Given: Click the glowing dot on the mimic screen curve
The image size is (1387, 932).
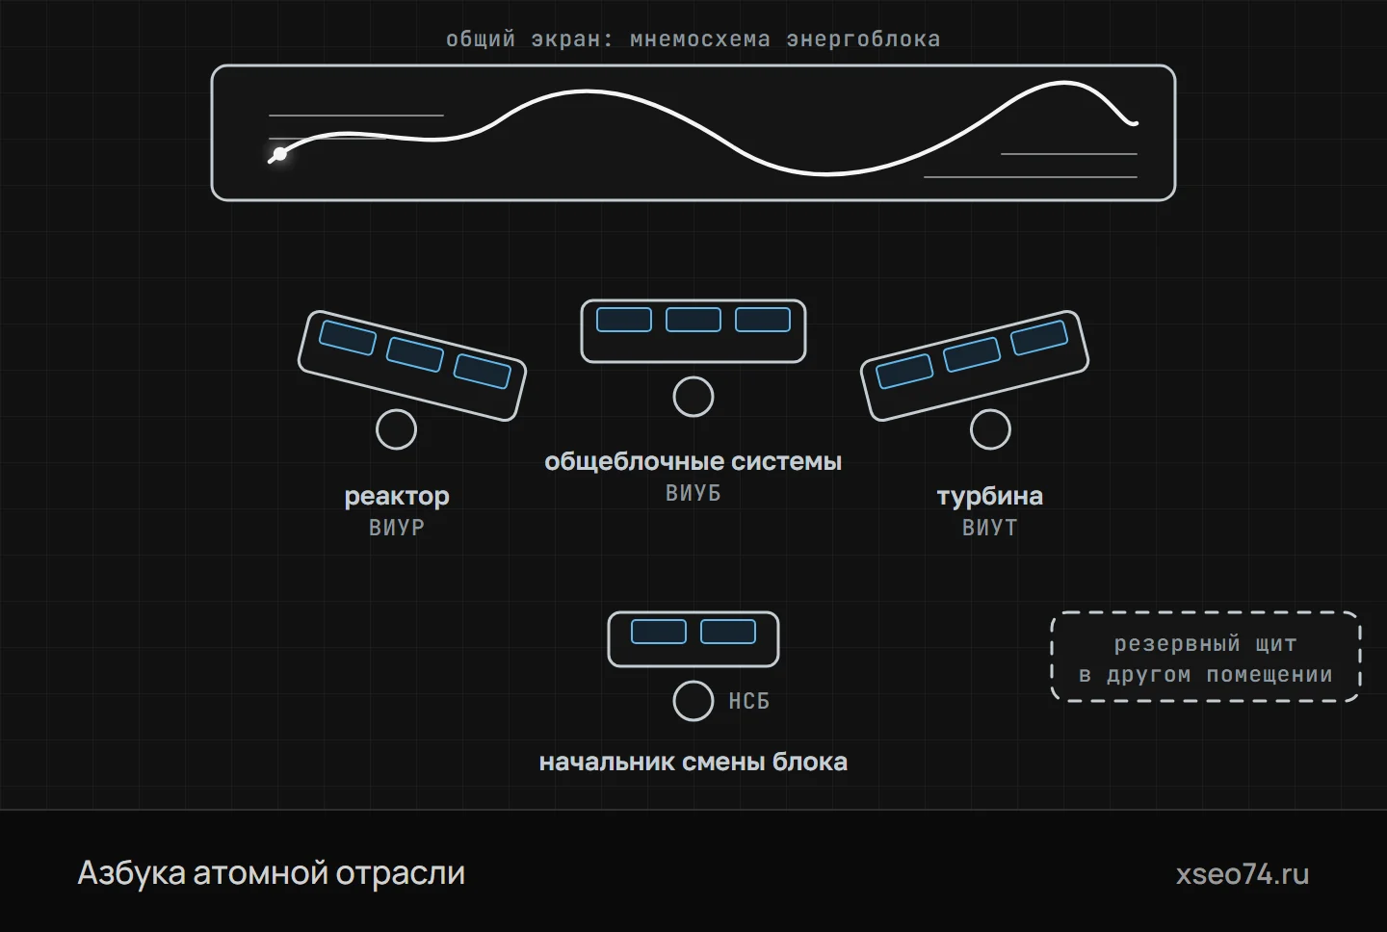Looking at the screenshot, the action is [x=280, y=154].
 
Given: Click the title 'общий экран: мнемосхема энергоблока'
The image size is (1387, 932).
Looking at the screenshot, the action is [x=693, y=39].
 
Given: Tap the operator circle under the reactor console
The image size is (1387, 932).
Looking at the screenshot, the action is [x=396, y=429].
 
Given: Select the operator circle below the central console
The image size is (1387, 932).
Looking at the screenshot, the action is [x=693, y=397].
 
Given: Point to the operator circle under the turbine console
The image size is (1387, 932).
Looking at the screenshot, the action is [x=990, y=429].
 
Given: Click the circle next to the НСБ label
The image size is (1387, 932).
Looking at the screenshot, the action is [x=693, y=701].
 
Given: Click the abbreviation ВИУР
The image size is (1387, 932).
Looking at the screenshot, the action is [x=397, y=528].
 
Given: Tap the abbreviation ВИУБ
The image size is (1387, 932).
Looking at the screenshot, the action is [x=693, y=493].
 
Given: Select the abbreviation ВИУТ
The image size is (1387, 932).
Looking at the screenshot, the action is [x=990, y=528].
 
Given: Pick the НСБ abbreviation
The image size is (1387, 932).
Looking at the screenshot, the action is [x=749, y=701].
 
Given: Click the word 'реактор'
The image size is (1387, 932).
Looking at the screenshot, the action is [x=397, y=496].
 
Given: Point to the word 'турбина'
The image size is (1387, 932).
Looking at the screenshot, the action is [x=990, y=496].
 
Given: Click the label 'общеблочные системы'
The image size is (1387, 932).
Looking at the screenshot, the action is [x=693, y=462].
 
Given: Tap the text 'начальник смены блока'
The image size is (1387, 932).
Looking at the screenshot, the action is [x=693, y=762].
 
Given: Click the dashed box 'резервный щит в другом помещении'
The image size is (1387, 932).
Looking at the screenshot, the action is [x=1206, y=612].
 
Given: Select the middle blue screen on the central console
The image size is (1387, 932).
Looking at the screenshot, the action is [x=693, y=320].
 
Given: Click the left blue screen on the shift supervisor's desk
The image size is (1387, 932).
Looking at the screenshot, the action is [x=659, y=632].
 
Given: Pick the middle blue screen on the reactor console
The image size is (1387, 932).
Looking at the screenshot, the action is [x=415, y=354].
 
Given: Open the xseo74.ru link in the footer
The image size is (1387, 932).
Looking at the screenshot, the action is [x=1243, y=874].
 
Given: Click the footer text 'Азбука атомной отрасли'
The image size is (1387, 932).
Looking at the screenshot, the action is [x=272, y=873].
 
